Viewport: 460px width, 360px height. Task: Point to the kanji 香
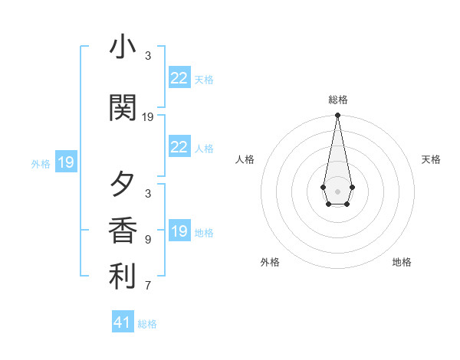tap(122, 231)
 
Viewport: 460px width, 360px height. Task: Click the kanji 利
tap(122, 277)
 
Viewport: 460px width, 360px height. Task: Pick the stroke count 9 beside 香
tap(148, 240)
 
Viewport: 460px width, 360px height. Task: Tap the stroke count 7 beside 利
tap(148, 286)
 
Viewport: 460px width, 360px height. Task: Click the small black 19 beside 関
tap(148, 117)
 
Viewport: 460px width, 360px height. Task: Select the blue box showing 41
tap(123, 322)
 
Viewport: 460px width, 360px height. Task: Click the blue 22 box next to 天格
tap(179, 78)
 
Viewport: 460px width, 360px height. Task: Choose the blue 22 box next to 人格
tap(179, 147)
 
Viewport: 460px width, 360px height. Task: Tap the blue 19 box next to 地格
tap(179, 231)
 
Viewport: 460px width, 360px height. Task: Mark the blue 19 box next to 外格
tap(65, 162)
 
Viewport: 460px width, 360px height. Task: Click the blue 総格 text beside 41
tap(147, 324)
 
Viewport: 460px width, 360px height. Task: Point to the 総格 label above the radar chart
tap(337, 100)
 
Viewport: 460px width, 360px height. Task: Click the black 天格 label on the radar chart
tap(431, 159)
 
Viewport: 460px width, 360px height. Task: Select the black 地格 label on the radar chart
tap(402, 262)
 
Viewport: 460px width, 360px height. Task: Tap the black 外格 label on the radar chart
tap(270, 262)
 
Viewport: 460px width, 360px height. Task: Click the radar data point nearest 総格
tap(337, 116)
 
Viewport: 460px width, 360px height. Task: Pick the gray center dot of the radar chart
tap(337, 191)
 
